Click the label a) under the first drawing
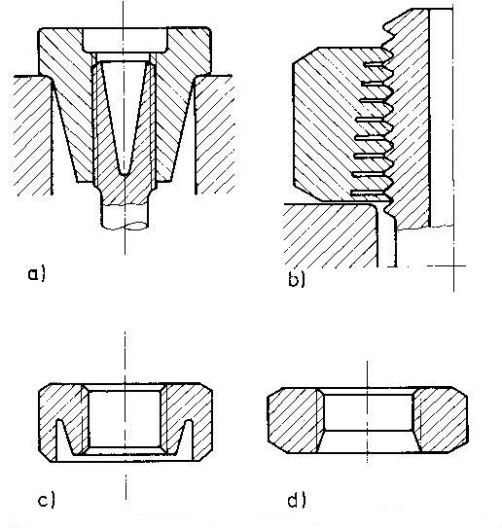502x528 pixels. coord(36,273)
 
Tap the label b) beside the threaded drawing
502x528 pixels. coord(297,279)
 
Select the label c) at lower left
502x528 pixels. coord(46,500)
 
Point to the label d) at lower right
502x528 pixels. coord(297,500)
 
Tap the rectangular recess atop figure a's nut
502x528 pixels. coord(125,41)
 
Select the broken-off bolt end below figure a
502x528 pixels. coord(125,217)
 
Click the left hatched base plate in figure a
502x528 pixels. coord(33,135)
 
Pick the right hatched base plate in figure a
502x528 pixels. coord(214,135)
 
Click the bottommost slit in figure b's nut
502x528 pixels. coord(370,194)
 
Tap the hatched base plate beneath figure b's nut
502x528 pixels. coord(330,235)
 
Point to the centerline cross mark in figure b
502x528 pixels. coord(453,266)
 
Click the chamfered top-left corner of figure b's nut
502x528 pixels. coord(305,55)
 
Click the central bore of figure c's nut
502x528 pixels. coord(125,419)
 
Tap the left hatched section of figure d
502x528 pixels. coord(294,420)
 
